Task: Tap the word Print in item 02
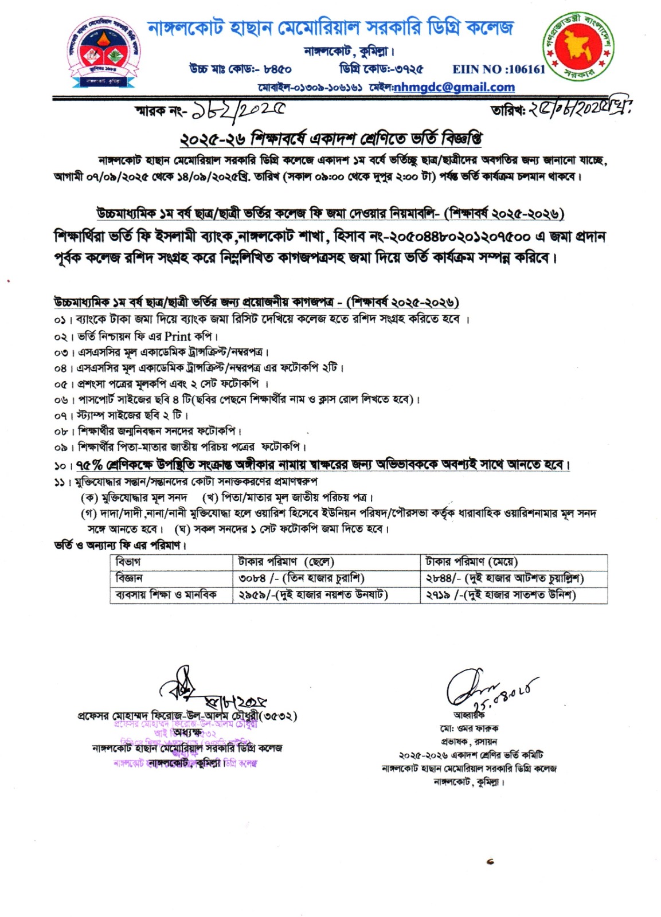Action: click(x=178, y=336)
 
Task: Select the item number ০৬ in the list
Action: click(x=60, y=399)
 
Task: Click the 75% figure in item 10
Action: click(x=89, y=464)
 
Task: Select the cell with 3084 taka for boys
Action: click(x=302, y=578)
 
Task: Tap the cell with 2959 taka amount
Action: click(x=313, y=595)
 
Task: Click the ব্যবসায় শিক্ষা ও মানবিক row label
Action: click(x=166, y=595)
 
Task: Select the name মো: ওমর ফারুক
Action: click(x=469, y=728)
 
